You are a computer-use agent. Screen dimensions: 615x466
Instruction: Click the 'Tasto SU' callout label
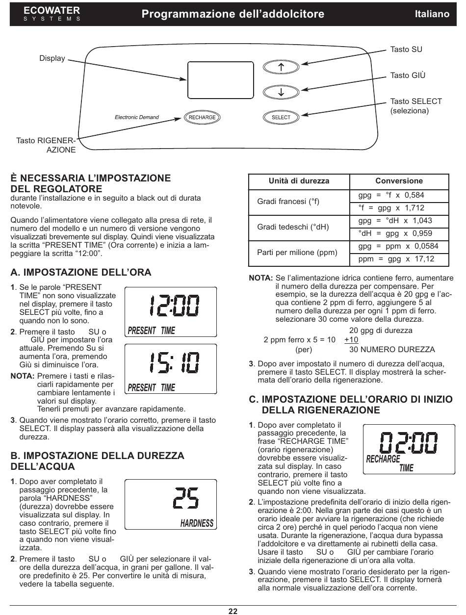click(x=406, y=50)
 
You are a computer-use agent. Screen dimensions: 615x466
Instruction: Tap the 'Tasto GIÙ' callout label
click(x=408, y=76)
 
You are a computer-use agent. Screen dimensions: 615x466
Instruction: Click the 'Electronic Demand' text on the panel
click(x=137, y=118)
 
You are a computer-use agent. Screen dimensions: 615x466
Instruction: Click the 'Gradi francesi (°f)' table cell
click(x=288, y=202)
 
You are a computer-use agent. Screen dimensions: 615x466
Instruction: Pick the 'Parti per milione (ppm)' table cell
click(x=297, y=253)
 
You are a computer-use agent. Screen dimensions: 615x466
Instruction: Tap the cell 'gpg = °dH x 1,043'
click(x=395, y=221)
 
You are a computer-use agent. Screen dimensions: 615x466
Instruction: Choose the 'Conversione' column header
click(x=399, y=181)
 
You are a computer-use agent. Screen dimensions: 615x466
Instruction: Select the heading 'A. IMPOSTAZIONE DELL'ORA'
click(x=81, y=272)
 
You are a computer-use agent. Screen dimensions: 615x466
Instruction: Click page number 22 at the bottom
click(x=233, y=611)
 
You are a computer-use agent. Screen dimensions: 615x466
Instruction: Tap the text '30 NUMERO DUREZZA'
click(x=391, y=350)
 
